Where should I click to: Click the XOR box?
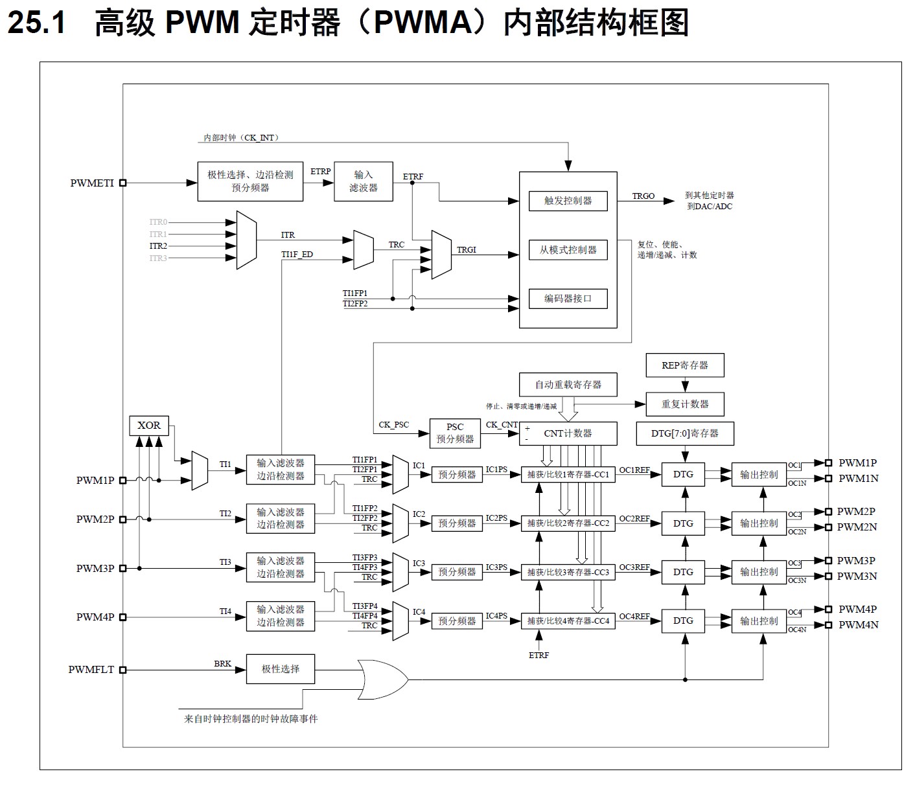[x=149, y=426]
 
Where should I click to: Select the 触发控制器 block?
[x=568, y=201]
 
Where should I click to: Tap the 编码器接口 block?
[x=568, y=299]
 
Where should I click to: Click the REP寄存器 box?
[x=684, y=365]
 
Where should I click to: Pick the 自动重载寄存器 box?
[x=568, y=385]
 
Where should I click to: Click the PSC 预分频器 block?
[x=455, y=433]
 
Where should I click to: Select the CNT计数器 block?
[x=568, y=433]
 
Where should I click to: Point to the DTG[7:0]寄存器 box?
[x=684, y=433]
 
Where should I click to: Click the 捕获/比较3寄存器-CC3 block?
[x=568, y=572]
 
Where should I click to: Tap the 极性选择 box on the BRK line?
[x=280, y=669]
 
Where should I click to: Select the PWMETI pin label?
[x=91, y=183]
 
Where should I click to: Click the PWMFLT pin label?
[x=91, y=670]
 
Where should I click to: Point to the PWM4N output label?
[x=858, y=625]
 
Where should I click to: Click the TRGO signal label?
[x=643, y=196]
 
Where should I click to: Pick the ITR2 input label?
[x=158, y=246]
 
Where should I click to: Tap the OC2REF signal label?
[x=634, y=519]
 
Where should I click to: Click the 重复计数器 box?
[x=684, y=404]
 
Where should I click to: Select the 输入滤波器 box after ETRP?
[x=363, y=181]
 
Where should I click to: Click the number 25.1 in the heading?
[x=36, y=23]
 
